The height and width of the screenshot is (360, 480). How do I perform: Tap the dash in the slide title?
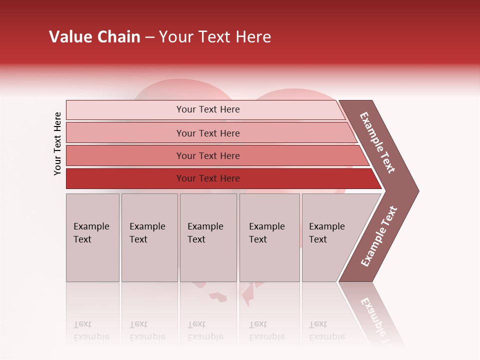click(149, 37)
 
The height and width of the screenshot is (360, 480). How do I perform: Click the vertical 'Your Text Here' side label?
click(57, 143)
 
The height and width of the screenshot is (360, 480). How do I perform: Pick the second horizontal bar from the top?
click(207, 133)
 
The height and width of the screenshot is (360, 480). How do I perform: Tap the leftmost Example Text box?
click(92, 237)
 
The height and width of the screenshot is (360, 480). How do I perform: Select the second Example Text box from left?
click(149, 237)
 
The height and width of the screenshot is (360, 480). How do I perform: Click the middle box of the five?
click(208, 237)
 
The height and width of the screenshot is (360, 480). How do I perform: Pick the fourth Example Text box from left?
click(269, 237)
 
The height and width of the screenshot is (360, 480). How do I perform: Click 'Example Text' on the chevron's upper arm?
click(377, 142)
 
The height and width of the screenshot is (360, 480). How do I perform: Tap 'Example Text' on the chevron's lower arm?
click(379, 236)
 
